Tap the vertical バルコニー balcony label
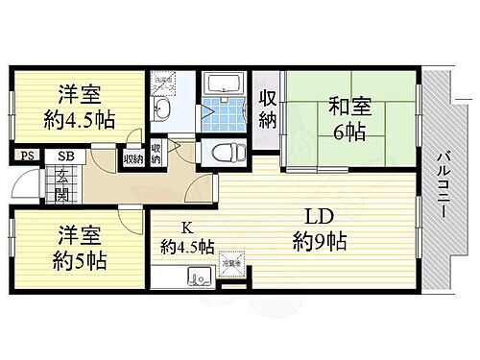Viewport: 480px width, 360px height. [x=444, y=188]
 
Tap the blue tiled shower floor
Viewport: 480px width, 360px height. [x=228, y=115]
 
